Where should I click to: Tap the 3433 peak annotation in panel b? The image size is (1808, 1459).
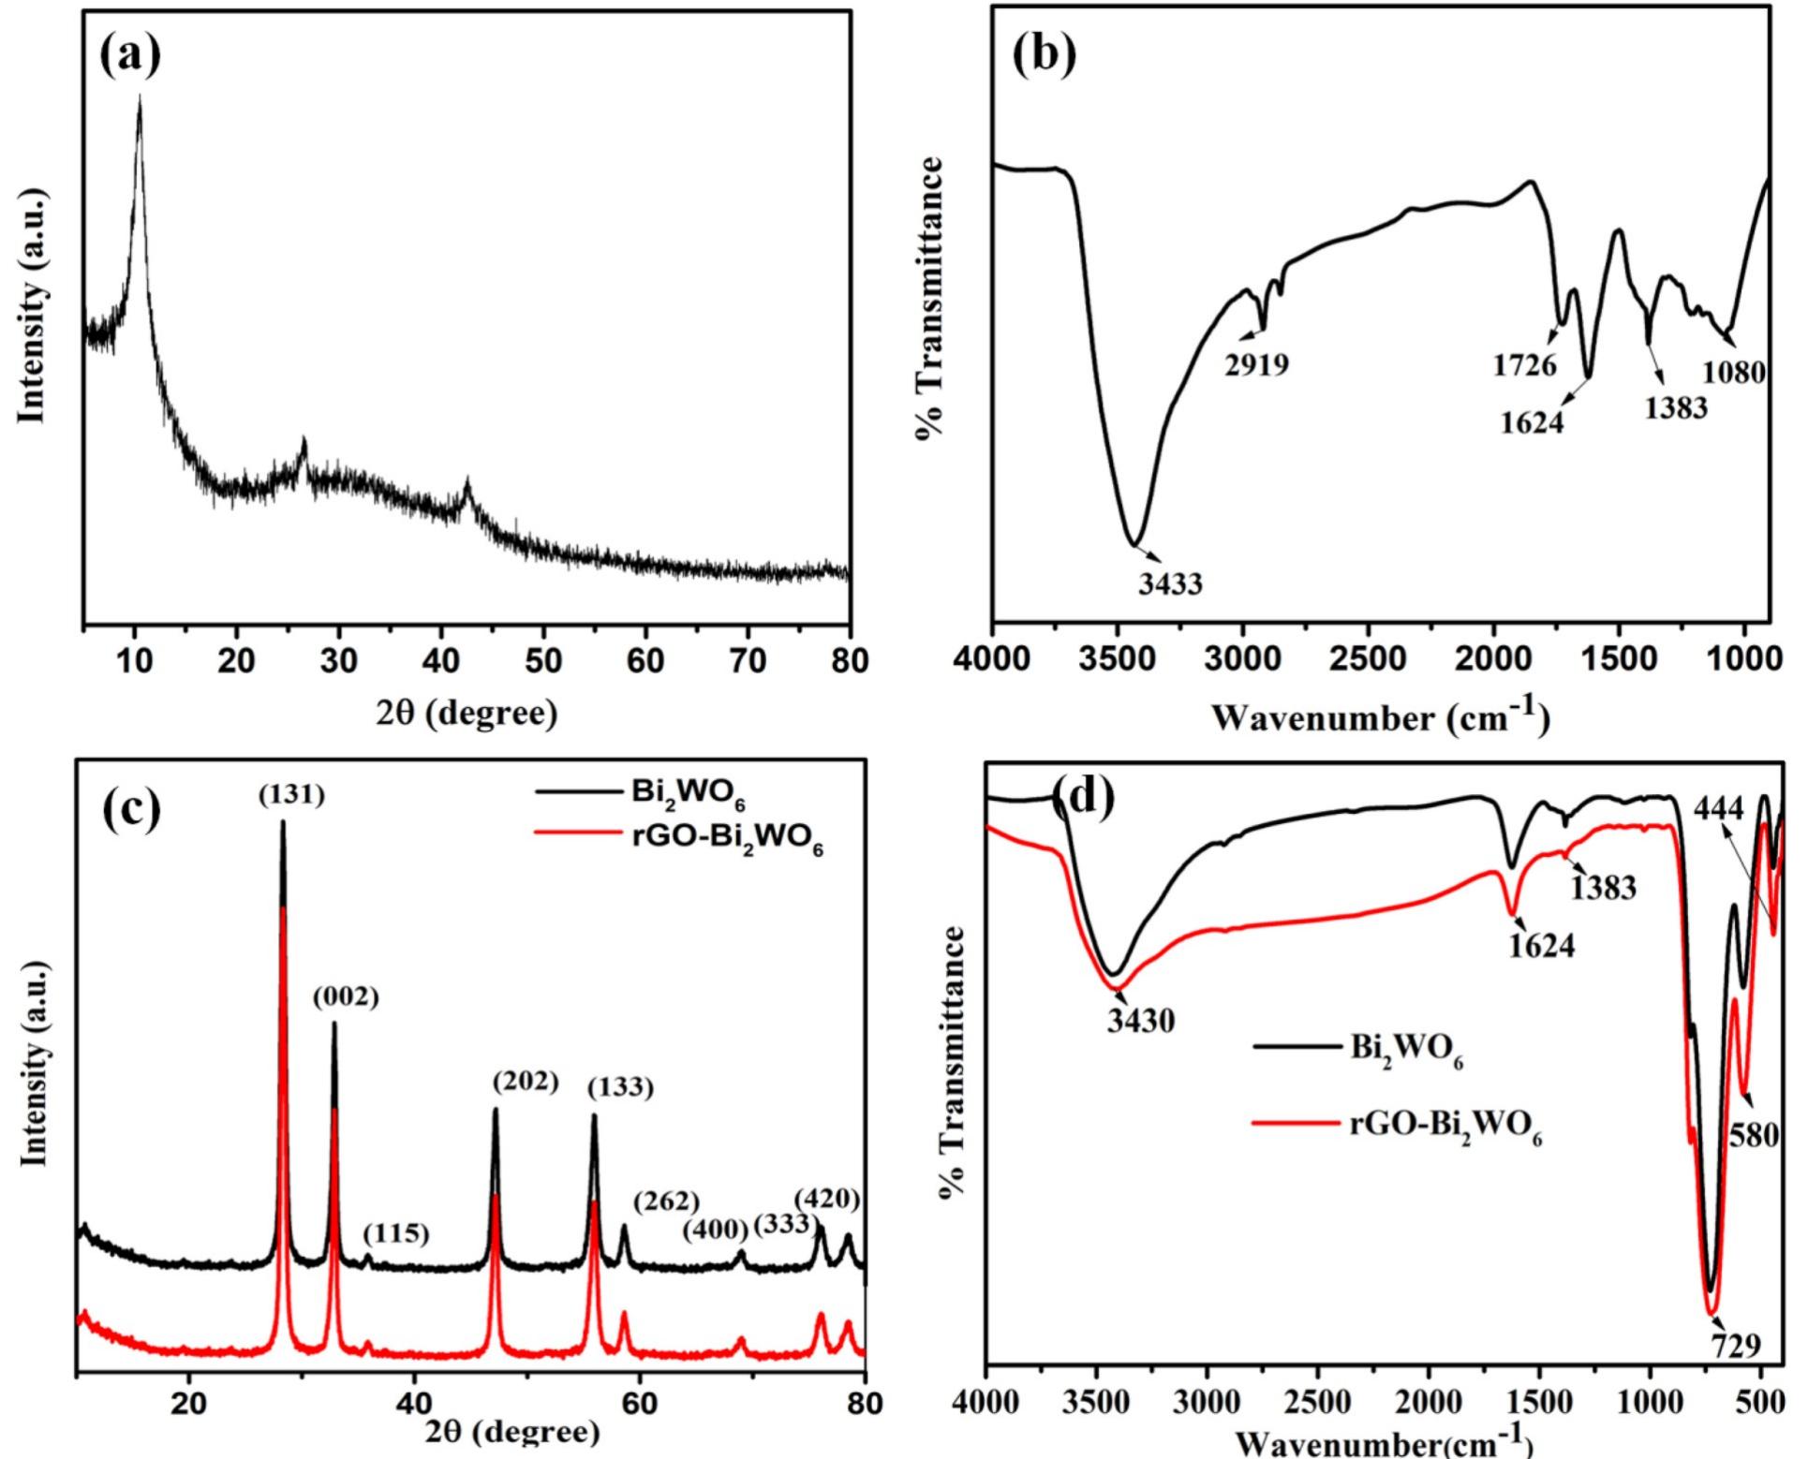(x=1170, y=584)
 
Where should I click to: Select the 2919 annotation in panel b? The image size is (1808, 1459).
(x=1256, y=364)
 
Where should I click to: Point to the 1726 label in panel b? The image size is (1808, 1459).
(x=1524, y=364)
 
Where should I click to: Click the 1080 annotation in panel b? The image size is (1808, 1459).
(x=1733, y=373)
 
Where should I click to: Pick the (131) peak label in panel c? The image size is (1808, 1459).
(x=291, y=796)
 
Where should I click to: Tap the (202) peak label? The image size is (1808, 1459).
(x=525, y=1083)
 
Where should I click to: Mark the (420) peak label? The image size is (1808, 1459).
(x=826, y=1199)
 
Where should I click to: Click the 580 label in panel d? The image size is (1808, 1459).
(x=1753, y=1136)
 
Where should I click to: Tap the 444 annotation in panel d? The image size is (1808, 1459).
(x=1719, y=808)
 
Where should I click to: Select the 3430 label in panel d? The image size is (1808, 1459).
(x=1140, y=1020)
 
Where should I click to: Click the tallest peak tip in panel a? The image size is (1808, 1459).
(x=140, y=96)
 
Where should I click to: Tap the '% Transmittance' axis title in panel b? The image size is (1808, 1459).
(x=930, y=298)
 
